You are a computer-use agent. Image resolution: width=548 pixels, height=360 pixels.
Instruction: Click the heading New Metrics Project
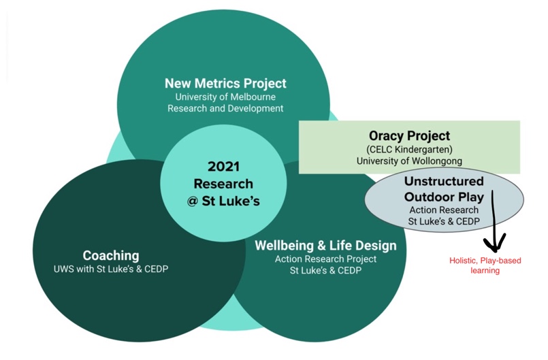click(225, 84)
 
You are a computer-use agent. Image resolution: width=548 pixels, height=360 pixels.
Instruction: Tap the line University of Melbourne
click(225, 97)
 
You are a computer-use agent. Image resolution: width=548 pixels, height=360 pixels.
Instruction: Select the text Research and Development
click(225, 108)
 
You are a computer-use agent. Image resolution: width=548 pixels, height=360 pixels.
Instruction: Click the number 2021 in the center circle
click(224, 166)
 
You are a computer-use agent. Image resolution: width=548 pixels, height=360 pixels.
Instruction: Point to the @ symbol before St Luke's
click(193, 201)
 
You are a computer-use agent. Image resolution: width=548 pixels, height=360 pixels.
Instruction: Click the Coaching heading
click(111, 255)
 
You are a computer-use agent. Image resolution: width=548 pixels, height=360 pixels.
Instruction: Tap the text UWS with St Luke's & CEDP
click(111, 269)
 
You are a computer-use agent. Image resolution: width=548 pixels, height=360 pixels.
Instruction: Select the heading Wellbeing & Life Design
click(325, 246)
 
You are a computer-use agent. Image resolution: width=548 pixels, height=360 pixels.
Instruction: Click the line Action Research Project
click(325, 259)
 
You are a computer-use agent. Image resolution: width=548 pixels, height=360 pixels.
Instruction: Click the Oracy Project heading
click(410, 135)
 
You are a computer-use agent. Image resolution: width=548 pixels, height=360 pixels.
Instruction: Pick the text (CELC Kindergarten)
click(410, 149)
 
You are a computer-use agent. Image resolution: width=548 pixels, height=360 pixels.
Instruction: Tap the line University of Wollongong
click(410, 161)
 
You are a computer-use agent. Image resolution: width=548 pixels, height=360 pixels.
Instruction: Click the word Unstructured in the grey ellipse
click(445, 181)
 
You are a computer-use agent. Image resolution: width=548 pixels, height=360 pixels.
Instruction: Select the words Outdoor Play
click(445, 197)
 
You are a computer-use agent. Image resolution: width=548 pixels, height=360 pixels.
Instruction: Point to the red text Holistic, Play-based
click(485, 261)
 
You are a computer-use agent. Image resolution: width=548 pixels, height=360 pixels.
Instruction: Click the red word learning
click(485, 271)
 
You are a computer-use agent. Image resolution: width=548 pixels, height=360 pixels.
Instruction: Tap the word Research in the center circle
click(224, 184)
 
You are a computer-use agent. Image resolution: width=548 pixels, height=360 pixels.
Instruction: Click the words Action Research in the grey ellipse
click(445, 210)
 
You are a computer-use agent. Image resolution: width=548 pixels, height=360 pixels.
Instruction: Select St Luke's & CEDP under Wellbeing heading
click(325, 271)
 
